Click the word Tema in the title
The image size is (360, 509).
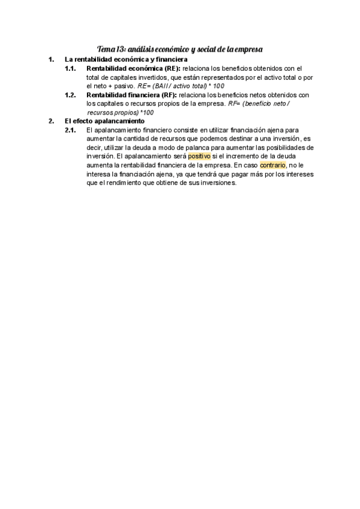pos(106,49)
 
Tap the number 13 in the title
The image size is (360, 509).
pos(121,49)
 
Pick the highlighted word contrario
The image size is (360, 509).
pos(272,165)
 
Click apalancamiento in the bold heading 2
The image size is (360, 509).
pos(117,121)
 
